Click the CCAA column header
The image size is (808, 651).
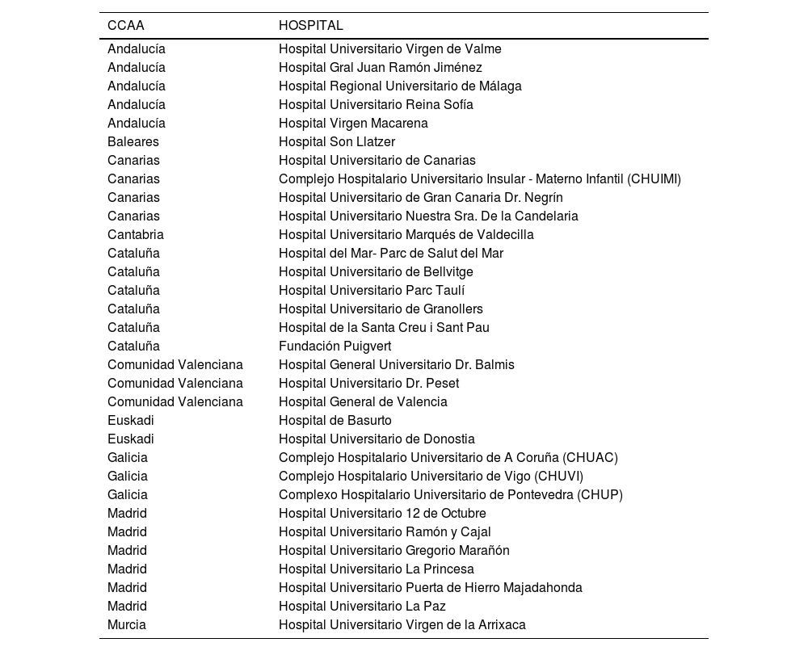click(x=126, y=26)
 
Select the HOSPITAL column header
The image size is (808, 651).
click(x=311, y=26)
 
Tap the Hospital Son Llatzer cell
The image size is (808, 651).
click(x=337, y=142)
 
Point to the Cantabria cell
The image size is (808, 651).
click(x=136, y=235)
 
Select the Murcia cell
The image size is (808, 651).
click(x=127, y=625)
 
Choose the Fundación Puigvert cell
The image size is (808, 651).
click(x=335, y=346)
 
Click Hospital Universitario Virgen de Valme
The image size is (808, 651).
click(x=390, y=49)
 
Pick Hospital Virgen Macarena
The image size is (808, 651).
click(x=353, y=124)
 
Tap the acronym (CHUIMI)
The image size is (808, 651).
click(x=654, y=179)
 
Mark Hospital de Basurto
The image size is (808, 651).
click(x=335, y=421)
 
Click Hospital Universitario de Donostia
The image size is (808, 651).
click(x=377, y=439)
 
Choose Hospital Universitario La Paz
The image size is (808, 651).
click(x=362, y=607)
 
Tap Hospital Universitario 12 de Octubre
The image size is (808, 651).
click(x=382, y=514)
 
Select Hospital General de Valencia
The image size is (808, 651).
click(x=363, y=402)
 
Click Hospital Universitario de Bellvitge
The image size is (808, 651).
click(x=376, y=272)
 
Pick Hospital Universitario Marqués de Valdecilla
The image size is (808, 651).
click(x=406, y=235)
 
